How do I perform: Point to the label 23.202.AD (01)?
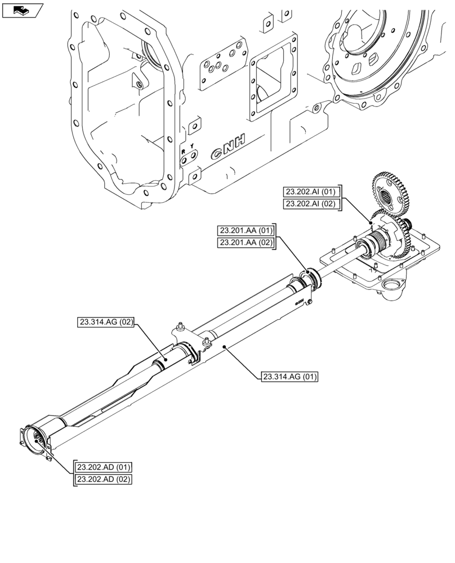coord(103,467)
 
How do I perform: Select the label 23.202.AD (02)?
coord(103,480)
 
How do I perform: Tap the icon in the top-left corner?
coord(23,10)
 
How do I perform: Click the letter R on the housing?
coord(182,152)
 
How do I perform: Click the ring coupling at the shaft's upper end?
coord(310,278)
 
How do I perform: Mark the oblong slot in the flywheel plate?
coord(356,69)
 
